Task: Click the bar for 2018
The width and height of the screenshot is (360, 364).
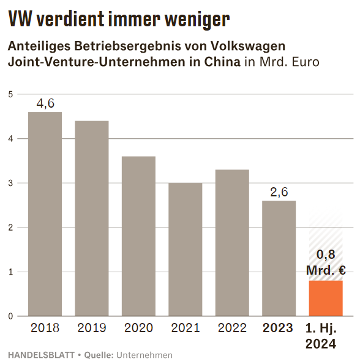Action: pos(45,214)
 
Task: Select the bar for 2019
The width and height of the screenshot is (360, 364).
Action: pos(92,218)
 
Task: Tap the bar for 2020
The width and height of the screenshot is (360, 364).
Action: pos(138,236)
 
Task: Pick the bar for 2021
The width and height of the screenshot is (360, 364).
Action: pos(186,250)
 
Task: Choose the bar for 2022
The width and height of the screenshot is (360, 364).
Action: pos(232,243)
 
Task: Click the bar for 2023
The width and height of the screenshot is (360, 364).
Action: pos(279,258)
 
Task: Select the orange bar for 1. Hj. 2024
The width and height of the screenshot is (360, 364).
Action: pos(326,298)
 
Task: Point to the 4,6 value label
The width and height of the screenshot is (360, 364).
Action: pos(45,103)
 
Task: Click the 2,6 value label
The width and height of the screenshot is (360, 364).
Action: pos(279,192)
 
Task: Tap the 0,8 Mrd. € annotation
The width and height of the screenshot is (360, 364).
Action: pos(326,262)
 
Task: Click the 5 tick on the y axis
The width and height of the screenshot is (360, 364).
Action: pos(10,94)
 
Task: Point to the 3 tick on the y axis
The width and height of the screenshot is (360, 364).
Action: pos(10,183)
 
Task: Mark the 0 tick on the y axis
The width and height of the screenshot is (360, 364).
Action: pos(10,316)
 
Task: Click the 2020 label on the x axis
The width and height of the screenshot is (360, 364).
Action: pos(138,328)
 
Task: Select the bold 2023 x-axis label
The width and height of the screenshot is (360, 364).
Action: pos(278,328)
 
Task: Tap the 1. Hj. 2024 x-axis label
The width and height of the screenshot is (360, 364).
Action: pos(321,336)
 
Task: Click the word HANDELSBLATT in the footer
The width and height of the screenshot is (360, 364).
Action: pos(41,355)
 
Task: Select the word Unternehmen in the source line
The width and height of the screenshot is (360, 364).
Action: pos(144,355)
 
